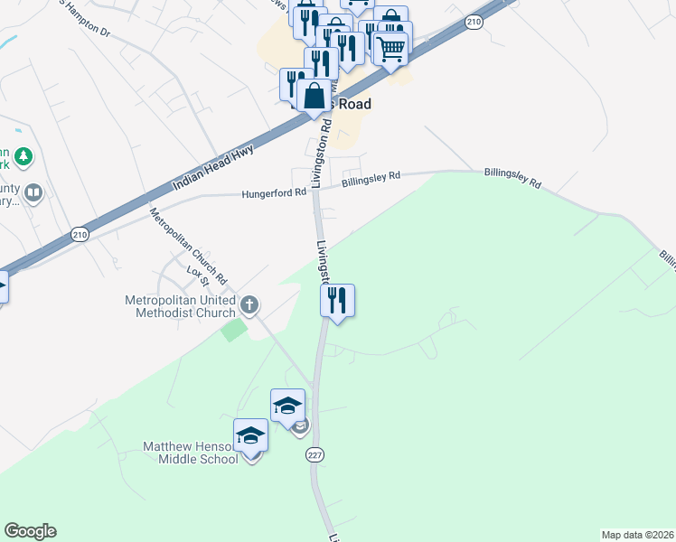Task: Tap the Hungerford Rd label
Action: [273, 192]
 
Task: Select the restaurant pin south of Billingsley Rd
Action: [337, 300]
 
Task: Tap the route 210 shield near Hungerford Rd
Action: [80, 235]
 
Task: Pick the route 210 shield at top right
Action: [474, 20]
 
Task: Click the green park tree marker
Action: [23, 157]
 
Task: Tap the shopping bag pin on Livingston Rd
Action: [314, 96]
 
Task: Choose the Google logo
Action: [30, 531]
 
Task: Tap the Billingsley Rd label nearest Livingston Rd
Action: [371, 180]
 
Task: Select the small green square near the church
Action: [233, 329]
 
